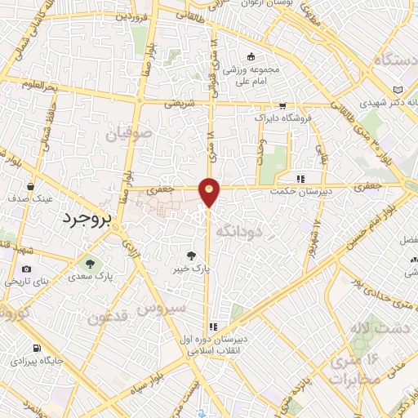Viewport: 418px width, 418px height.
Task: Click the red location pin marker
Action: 210,191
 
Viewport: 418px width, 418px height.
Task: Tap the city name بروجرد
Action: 84,219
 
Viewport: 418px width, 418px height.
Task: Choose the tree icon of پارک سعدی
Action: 90,264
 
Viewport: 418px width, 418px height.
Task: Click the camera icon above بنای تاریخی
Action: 27,269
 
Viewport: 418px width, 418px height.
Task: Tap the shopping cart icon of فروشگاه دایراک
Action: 282,106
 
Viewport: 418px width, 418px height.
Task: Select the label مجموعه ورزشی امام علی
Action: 252,75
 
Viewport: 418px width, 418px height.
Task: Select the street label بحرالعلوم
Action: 41,86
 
